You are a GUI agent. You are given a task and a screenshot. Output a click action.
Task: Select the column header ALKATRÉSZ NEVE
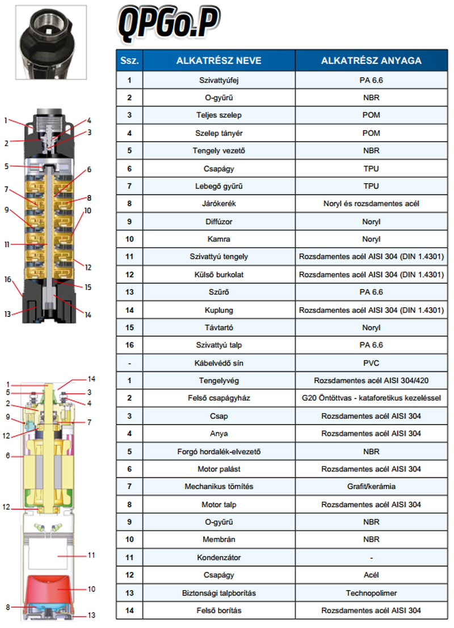[219, 61]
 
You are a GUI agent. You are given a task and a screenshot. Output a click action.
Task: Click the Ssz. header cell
[129, 61]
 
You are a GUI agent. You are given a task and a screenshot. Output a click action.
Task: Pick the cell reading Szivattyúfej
[219, 80]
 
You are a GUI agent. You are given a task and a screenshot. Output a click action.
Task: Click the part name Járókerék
[219, 203]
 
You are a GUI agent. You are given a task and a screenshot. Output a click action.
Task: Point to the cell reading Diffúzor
[219, 221]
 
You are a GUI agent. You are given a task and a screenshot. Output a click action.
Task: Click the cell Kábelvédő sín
[219, 363]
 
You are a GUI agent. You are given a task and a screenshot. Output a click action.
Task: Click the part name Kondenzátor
[219, 557]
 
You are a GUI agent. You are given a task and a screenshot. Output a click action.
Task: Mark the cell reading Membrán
[219, 540]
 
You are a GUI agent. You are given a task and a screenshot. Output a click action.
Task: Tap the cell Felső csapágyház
[219, 398]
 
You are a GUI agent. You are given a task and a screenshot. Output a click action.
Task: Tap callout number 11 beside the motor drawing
[91, 555]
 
